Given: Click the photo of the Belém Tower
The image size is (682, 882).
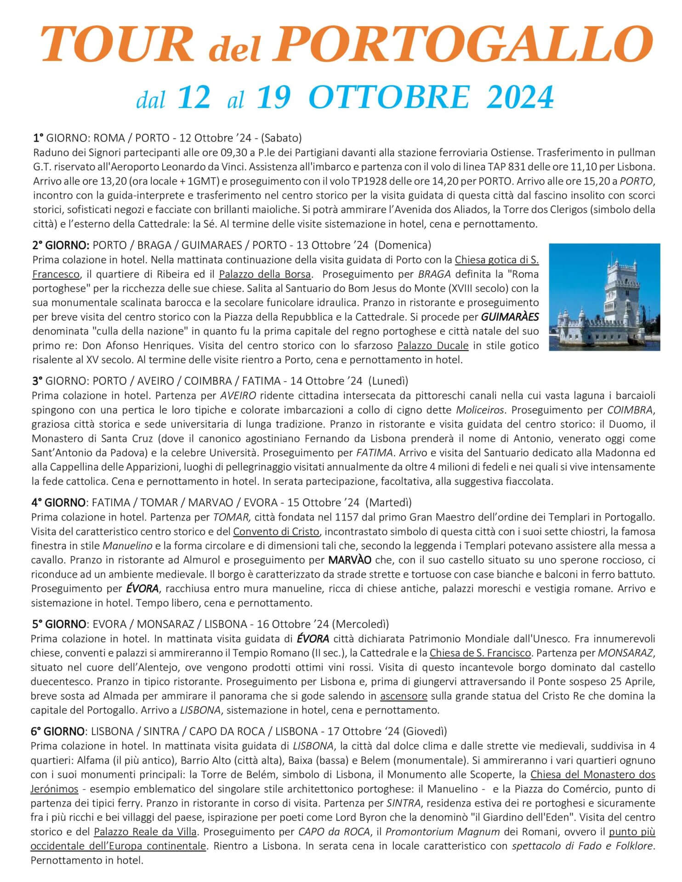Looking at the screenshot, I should click(x=604, y=297).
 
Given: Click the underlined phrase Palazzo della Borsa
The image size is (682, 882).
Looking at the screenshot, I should click(x=265, y=274).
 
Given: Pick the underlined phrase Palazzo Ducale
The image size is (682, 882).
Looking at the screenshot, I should click(x=432, y=345).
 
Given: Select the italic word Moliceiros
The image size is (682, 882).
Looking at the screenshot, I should click(x=481, y=409).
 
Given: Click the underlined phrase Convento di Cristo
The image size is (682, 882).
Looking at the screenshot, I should click(x=276, y=531).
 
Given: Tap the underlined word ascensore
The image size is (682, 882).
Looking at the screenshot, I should click(x=404, y=695).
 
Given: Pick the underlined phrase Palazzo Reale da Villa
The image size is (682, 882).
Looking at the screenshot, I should click(x=146, y=832).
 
